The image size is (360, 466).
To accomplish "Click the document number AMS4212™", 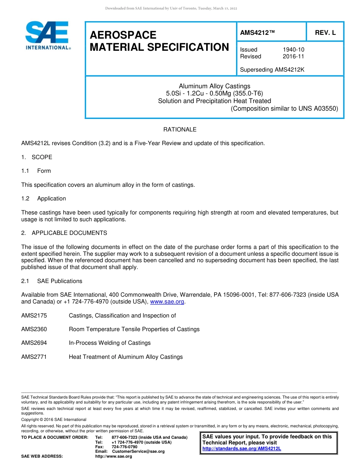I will (257, 33).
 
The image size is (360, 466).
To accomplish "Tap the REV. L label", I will (325, 33).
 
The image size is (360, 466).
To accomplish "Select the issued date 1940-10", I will (293, 50).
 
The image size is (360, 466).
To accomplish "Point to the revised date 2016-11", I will (293, 56).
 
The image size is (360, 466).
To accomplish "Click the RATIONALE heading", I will (180, 130).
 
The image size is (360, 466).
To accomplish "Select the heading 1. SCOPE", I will (37, 157).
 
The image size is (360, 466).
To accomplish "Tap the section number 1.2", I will (25, 199).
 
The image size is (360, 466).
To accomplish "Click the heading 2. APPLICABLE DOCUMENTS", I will (64, 233).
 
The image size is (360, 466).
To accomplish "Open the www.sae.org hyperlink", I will (167, 302).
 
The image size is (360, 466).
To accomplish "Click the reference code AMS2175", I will (34, 316).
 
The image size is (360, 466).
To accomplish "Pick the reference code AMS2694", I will (34, 343).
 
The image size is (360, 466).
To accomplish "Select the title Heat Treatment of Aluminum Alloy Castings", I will (126, 357).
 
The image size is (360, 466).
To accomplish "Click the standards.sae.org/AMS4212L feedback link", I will (242, 449).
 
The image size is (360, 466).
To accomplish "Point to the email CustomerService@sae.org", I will (138, 451).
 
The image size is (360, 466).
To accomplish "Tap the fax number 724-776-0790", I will (125, 447).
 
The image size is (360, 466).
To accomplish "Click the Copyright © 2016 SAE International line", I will (54, 419).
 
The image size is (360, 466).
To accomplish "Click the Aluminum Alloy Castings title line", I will (214, 86).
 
